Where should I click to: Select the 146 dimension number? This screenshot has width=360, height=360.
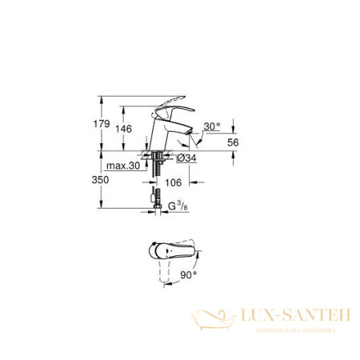[124, 129]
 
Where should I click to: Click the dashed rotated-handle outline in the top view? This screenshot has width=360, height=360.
[167, 271]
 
